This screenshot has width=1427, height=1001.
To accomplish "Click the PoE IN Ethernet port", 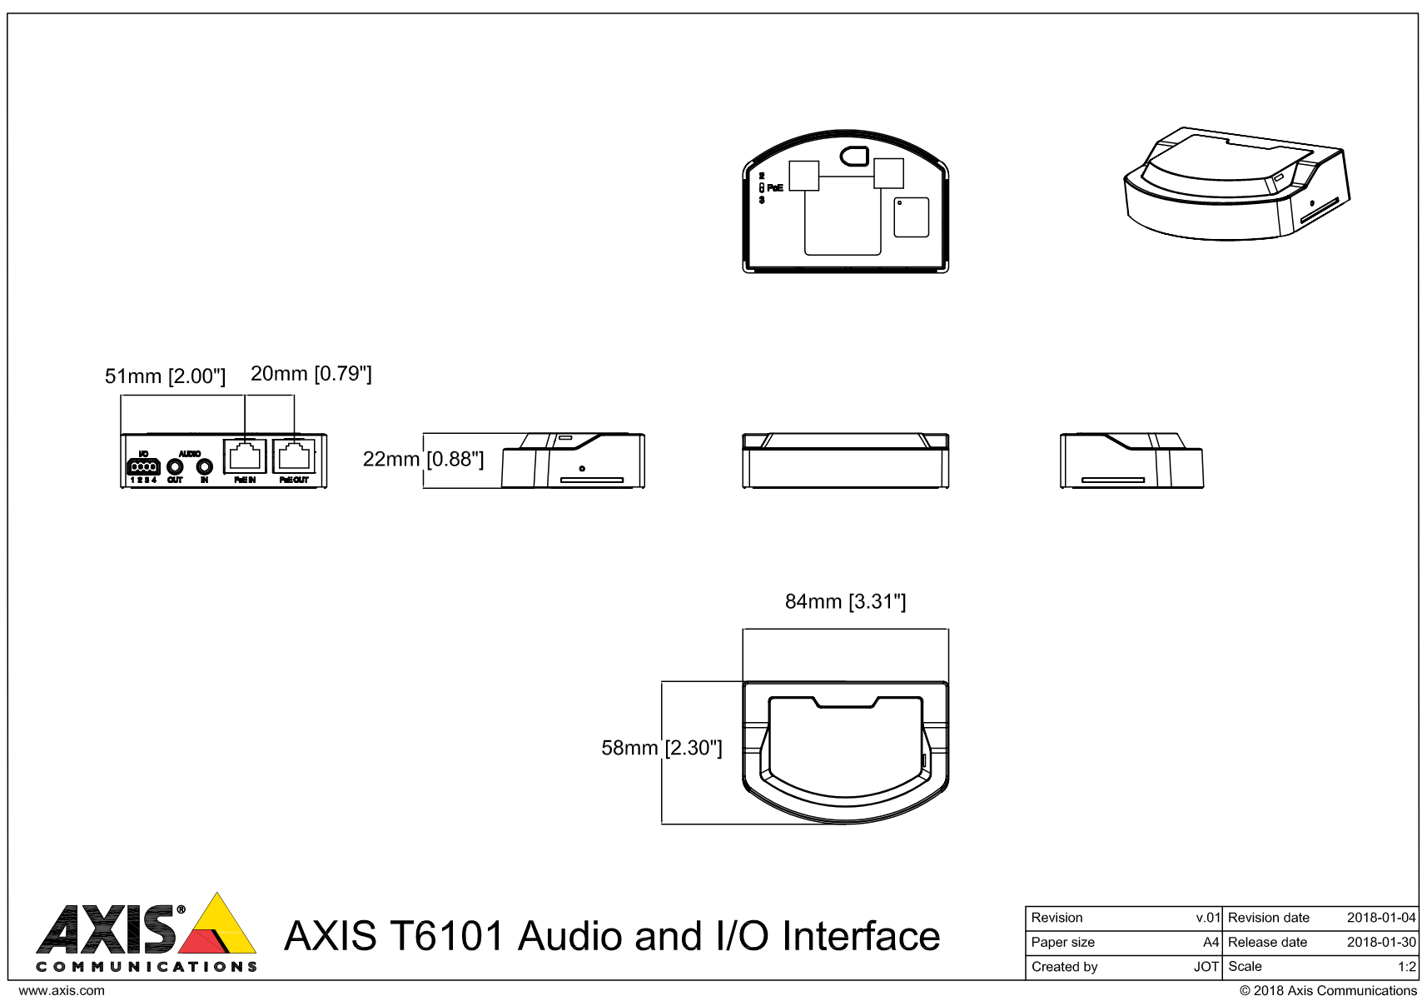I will point(245,456).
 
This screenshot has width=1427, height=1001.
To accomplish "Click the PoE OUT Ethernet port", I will point(294,456).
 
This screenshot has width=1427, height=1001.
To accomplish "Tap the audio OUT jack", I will point(175,467).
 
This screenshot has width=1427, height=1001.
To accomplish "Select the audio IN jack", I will point(204,467).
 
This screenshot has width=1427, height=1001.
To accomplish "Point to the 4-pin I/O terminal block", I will point(143,467).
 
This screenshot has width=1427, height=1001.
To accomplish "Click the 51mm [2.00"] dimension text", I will point(165,376).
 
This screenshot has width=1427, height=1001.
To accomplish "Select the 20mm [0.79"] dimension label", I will point(311,374).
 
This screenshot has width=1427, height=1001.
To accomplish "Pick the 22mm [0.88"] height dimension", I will point(423,459).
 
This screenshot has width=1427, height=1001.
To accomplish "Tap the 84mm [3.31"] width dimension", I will point(845,601).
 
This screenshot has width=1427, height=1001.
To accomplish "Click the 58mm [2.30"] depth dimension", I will point(662,748).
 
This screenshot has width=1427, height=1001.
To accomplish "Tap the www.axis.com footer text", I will point(62,991).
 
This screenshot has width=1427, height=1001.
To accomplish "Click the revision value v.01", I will point(1207,918).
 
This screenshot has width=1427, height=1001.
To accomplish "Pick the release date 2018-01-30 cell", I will point(1380,942).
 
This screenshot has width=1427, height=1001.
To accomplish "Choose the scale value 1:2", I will point(1406,967).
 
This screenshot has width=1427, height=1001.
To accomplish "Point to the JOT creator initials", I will point(1206,967).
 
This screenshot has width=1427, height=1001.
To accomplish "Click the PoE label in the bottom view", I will point(774,187).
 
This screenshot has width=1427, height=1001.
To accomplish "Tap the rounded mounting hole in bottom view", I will point(855,155).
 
